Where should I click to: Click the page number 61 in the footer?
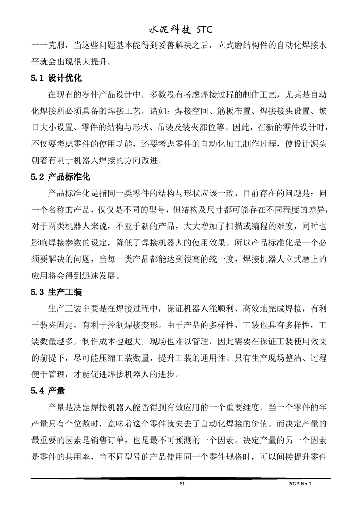182,484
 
